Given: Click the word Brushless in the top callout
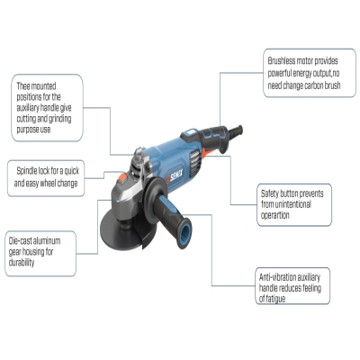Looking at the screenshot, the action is click(282, 61).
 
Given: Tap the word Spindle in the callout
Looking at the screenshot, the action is click(27, 171).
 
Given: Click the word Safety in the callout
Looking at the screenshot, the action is click(269, 193).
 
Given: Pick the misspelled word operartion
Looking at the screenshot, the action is click(275, 215).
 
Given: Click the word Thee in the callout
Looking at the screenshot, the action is click(22, 86).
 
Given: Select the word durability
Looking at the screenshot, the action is click(22, 263).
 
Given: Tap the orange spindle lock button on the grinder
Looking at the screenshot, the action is click(122, 177).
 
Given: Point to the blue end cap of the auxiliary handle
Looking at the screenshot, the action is click(184, 233).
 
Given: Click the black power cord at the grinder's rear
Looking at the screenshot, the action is click(236, 132).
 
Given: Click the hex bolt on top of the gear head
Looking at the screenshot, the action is click(139, 155).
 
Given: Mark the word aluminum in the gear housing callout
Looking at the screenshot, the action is click(47, 241).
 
